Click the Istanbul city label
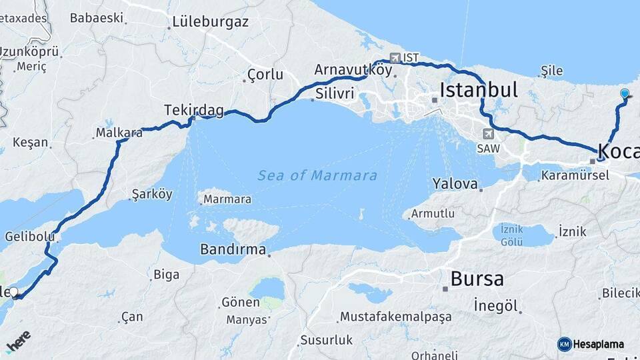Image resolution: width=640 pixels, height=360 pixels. point(479,90)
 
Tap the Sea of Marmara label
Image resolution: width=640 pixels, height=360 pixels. point(317,176)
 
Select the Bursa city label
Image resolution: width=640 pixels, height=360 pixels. point(477,279)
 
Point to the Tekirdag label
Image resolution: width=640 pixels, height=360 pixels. point(194,110)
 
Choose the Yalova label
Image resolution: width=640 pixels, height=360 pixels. point(455,183)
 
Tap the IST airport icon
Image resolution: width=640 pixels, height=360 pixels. point(396,58)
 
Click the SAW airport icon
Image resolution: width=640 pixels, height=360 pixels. point(489,134)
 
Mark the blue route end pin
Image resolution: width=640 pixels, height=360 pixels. point(624,94)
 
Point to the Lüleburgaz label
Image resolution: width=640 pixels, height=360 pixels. point(210,21)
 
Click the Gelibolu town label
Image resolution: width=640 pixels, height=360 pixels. point(29,236)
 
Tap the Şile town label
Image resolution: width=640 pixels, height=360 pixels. point(552,71)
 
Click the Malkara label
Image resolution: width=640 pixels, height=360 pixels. point(119,133)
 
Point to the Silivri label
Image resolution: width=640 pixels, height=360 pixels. point(335,93)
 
